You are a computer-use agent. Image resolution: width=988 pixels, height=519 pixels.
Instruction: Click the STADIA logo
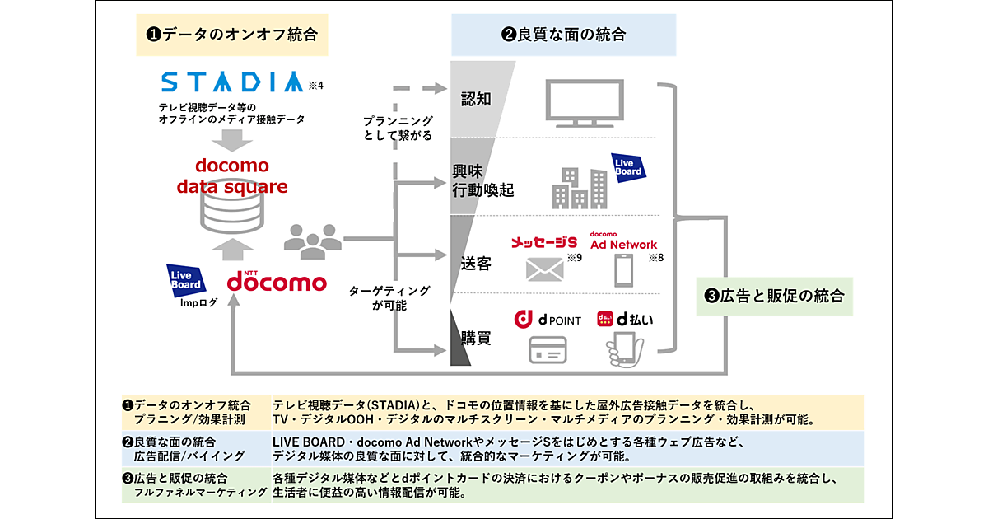pyautogui.click(x=233, y=82)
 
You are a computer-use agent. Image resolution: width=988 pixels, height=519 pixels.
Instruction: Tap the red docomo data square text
pyautogui.click(x=233, y=175)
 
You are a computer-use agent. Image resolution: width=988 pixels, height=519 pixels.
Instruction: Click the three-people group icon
pyautogui.click(x=312, y=236)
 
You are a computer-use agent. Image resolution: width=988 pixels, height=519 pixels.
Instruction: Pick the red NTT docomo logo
pyautogui.click(x=277, y=278)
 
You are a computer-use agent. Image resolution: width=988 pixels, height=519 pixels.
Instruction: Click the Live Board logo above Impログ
pyautogui.click(x=184, y=279)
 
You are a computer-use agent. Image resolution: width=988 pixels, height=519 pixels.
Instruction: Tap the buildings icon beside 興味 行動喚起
pyautogui.click(x=580, y=187)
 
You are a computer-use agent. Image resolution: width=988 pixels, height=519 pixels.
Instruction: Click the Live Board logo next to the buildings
pyautogui.click(x=628, y=166)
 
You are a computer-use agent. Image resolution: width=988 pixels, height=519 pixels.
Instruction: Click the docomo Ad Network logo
pyautogui.click(x=623, y=241)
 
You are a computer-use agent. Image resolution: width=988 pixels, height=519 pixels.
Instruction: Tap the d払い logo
pyautogui.click(x=625, y=319)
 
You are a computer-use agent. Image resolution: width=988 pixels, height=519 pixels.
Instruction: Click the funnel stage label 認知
pyautogui.click(x=476, y=99)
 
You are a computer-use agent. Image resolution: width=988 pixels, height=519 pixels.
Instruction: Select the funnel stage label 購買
pyautogui.click(x=476, y=336)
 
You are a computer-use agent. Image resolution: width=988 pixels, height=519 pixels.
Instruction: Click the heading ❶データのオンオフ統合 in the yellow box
pyautogui.click(x=232, y=35)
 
